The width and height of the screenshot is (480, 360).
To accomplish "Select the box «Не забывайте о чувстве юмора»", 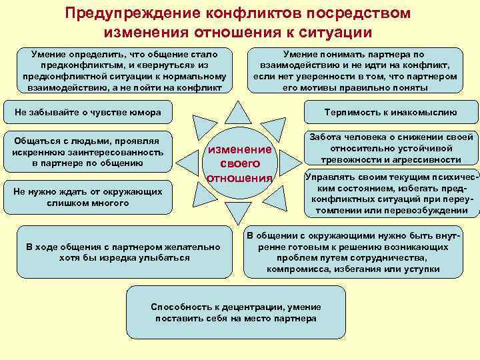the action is pos(89,112).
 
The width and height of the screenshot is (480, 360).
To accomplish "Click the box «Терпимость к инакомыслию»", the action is pos(391,112).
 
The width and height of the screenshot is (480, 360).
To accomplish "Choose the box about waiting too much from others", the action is pos(89,197).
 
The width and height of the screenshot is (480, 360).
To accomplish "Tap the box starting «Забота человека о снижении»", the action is pos(391,149).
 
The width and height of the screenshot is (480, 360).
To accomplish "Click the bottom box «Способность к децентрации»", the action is pos(236,313).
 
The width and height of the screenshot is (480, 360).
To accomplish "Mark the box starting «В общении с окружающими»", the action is pos(353,253).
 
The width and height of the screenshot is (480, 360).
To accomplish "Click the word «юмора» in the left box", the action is pos(145,112).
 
